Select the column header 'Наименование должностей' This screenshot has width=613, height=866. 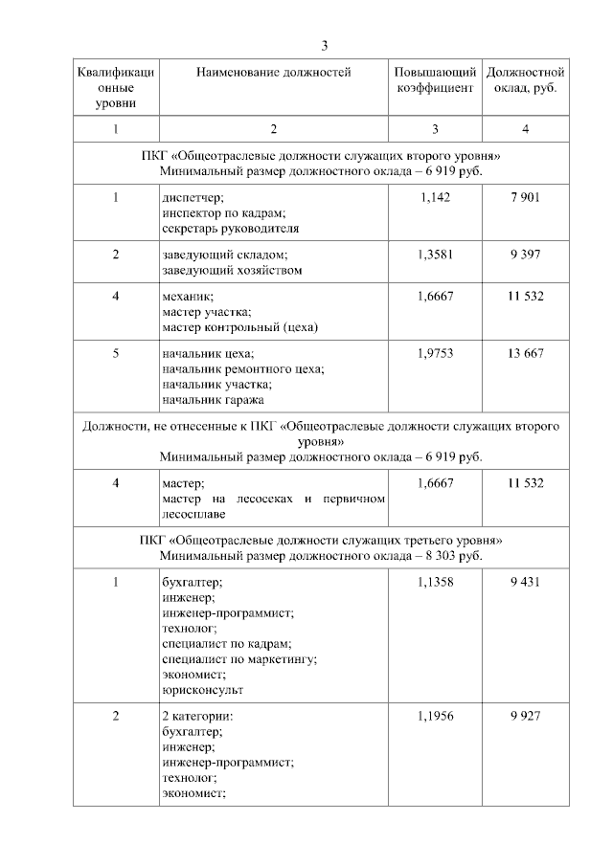pyautogui.click(x=273, y=73)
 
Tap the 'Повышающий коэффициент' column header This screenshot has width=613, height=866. pyautogui.click(x=434, y=80)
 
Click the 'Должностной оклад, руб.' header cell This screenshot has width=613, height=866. pyautogui.click(x=525, y=80)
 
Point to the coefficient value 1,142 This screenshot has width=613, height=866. pyautogui.click(x=434, y=197)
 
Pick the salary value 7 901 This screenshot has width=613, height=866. pyautogui.click(x=525, y=197)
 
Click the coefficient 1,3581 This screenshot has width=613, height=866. pyautogui.click(x=434, y=255)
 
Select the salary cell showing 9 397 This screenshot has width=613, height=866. pyautogui.click(x=525, y=255)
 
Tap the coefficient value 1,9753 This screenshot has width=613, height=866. pyautogui.click(x=434, y=354)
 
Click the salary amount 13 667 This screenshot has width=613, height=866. pyautogui.click(x=525, y=354)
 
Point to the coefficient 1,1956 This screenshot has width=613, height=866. pyautogui.click(x=434, y=717)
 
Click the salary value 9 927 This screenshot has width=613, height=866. pyautogui.click(x=525, y=717)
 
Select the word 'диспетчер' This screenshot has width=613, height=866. pyautogui.click(x=193, y=198)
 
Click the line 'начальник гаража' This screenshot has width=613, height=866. pyautogui.click(x=214, y=400)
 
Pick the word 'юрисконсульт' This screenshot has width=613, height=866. pyautogui.click(x=202, y=690)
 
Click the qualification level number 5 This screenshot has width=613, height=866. pyautogui.click(x=116, y=354)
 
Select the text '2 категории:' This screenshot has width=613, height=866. pyautogui.click(x=197, y=717)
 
